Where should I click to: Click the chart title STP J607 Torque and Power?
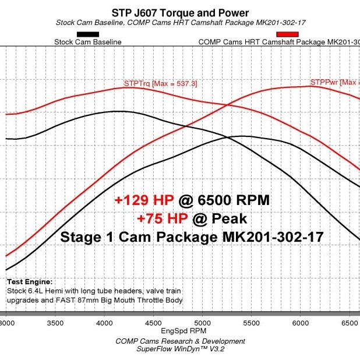[x=179, y=13]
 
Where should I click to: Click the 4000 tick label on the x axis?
[x=104, y=322]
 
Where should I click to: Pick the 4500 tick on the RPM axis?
[x=153, y=322]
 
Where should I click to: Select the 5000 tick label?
[x=202, y=322]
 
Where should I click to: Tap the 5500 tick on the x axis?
[x=251, y=322]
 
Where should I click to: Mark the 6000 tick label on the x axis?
[x=300, y=322]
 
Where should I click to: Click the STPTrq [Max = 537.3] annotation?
[x=160, y=83]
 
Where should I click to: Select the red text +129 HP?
[x=144, y=200]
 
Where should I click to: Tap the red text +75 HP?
[x=161, y=218]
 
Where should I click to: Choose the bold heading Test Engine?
[x=30, y=281]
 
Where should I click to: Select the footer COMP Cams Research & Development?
[x=179, y=341]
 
